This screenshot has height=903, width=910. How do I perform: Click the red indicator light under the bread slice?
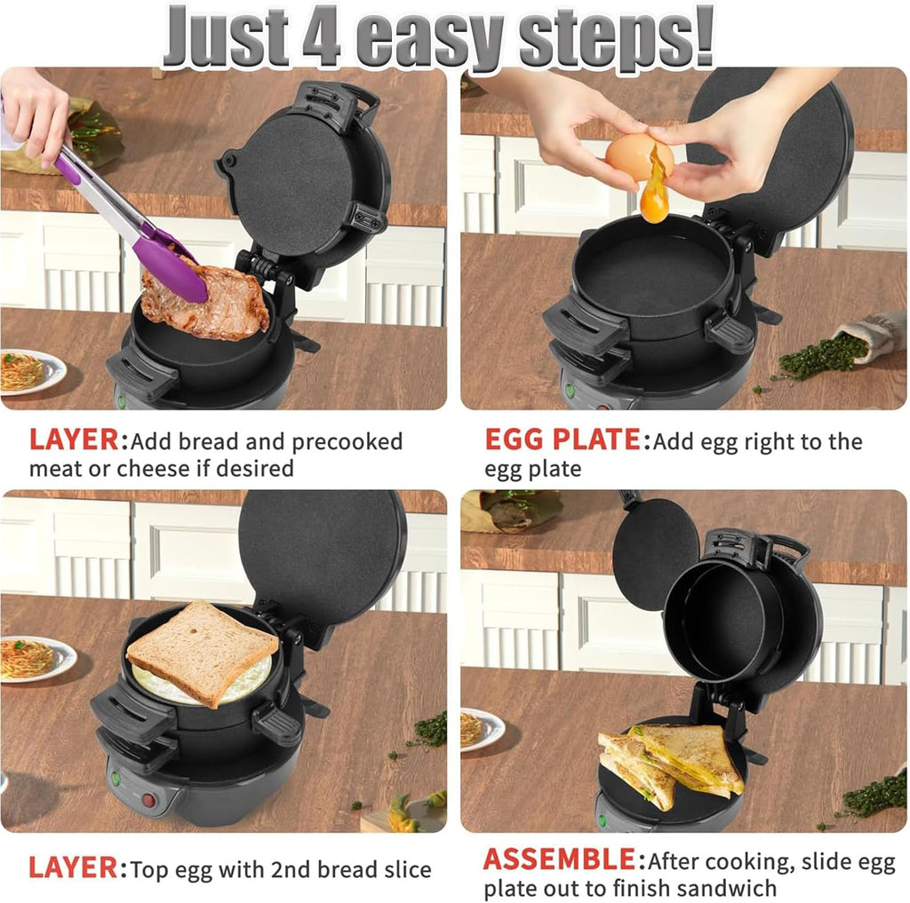click(x=148, y=800)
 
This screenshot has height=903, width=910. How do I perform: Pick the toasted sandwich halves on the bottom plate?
click(x=671, y=764)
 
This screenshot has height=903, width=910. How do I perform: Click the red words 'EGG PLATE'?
click(x=562, y=440)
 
